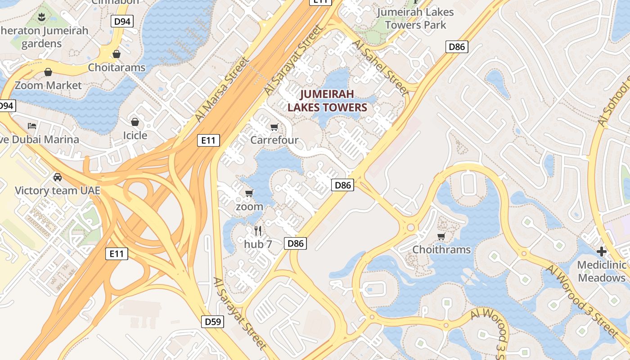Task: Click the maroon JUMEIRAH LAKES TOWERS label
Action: (x=327, y=100)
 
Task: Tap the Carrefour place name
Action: (x=274, y=140)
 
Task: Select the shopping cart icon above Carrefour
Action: (x=274, y=127)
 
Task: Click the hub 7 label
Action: (x=258, y=244)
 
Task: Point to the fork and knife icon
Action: (x=258, y=231)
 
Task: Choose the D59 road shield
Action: (x=212, y=321)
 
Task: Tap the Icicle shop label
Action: (x=135, y=135)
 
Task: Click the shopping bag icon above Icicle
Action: (x=135, y=121)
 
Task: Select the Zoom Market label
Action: (x=48, y=85)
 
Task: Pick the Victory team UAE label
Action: (x=58, y=190)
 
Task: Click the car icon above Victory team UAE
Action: (x=58, y=177)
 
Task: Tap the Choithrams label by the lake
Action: (x=441, y=249)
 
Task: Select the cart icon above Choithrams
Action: (x=441, y=236)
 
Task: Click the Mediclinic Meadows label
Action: (x=602, y=271)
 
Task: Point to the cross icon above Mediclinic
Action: (x=602, y=251)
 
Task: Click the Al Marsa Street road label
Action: (x=222, y=90)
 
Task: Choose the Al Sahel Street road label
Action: (x=381, y=67)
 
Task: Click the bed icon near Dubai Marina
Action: (x=32, y=126)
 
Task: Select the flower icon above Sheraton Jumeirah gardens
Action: (x=41, y=18)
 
